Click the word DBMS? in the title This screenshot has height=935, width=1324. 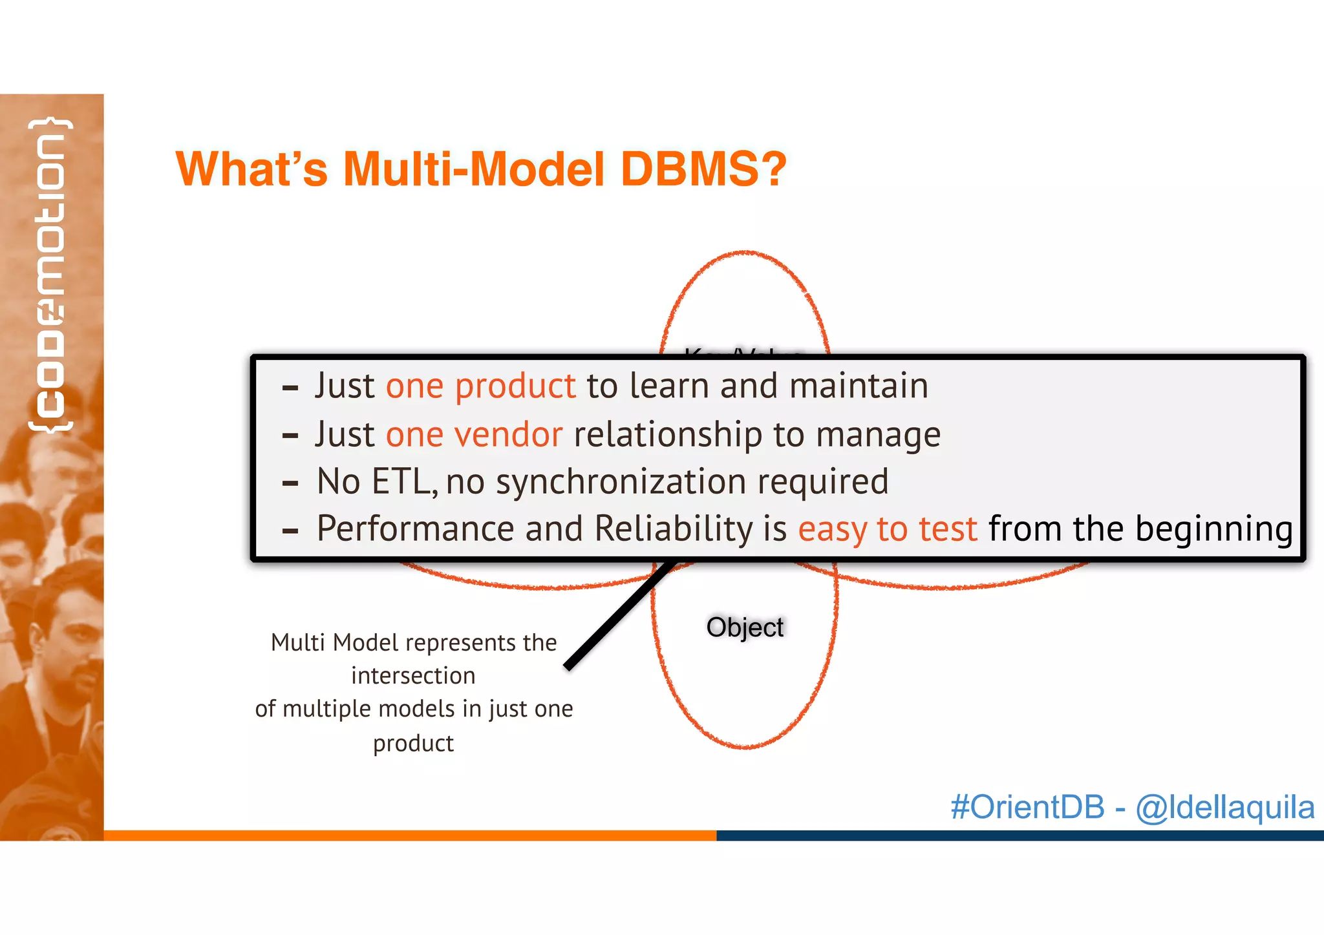coord(703,169)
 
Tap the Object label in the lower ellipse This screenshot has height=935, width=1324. coord(744,627)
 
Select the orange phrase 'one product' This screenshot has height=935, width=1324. coord(480,386)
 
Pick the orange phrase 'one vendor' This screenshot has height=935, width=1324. coord(474,434)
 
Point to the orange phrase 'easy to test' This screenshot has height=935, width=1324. coord(887,529)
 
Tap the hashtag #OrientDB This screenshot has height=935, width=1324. coord(1027,807)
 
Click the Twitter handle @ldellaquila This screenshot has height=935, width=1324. coord(1224,807)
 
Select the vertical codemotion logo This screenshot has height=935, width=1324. coord(50,275)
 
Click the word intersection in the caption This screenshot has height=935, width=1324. coord(413,676)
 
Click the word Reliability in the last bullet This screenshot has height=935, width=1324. coord(673,529)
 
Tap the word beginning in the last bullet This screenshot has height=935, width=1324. coord(1213,529)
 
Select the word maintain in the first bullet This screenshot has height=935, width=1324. coord(859,386)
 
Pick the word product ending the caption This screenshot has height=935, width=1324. coord(413,743)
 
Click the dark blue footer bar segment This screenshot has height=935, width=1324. coord(1020,835)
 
